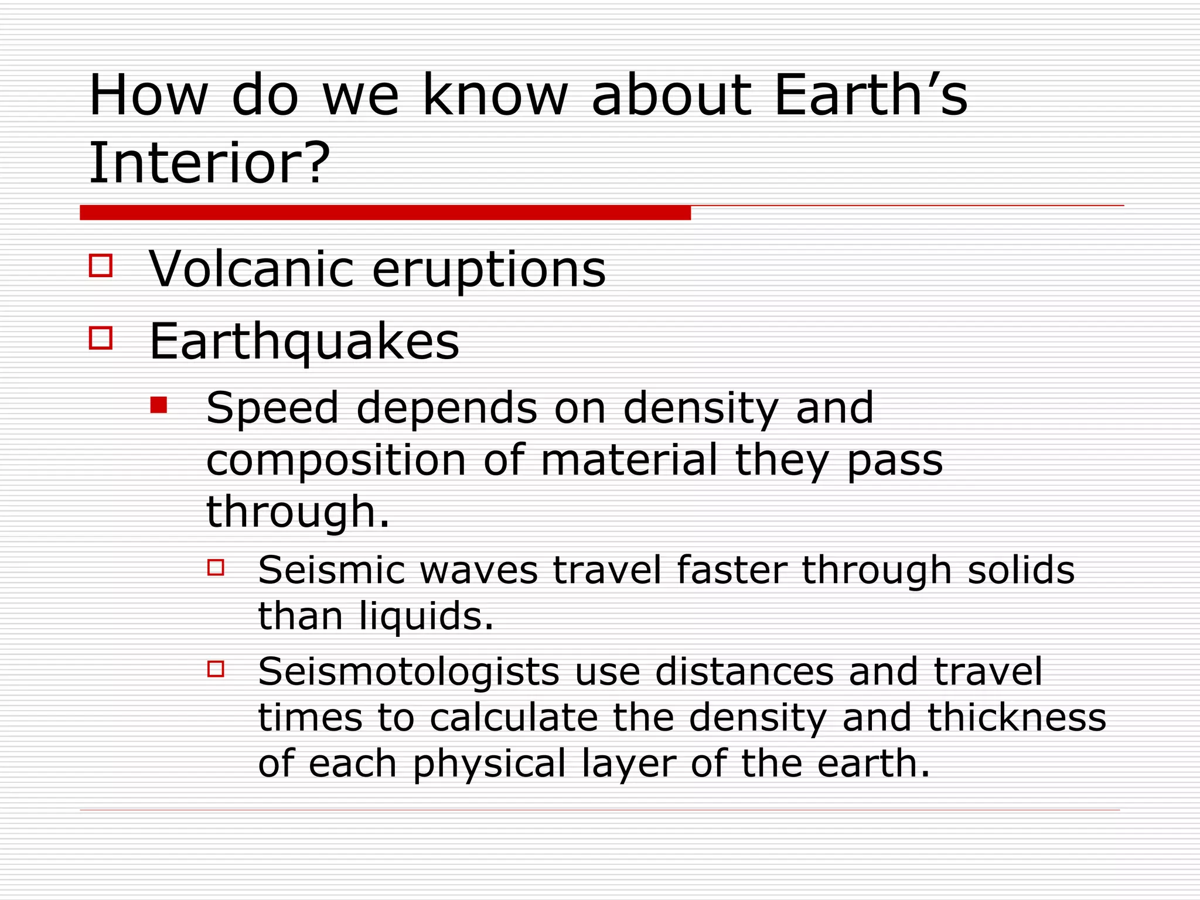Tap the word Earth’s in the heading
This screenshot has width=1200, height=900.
pos(871,95)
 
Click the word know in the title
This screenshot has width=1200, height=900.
pos(495,95)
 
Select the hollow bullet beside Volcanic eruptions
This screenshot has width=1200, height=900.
pos(101,265)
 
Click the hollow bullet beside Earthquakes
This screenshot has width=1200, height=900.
pos(101,338)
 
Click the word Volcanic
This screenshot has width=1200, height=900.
pos(251,269)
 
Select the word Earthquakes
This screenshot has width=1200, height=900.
pos(304,342)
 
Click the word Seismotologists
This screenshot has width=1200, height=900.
pos(408,671)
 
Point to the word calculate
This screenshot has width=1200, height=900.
pos(513,717)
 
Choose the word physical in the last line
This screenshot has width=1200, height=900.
pos(489,764)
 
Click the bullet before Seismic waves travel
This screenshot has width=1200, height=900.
pos(216,567)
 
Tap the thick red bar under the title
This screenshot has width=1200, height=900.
pos(385,213)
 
